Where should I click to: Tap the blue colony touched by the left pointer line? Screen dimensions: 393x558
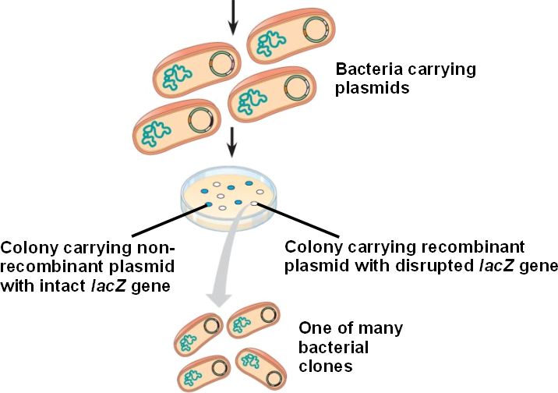pos(208,205)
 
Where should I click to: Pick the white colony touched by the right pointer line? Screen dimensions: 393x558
pos(255,204)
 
